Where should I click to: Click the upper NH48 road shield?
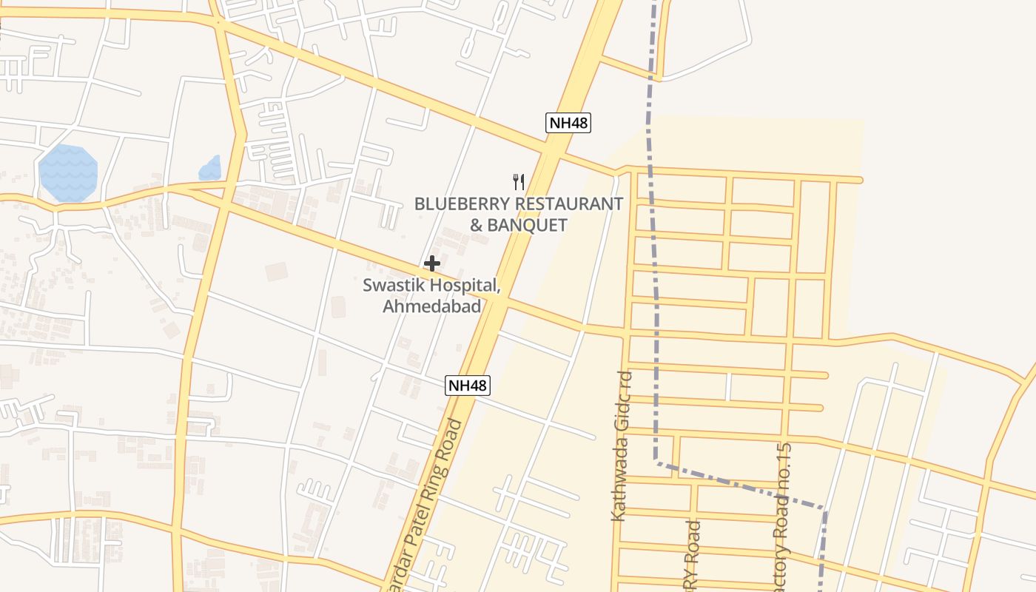pyautogui.click(x=568, y=123)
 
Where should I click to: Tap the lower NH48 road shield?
pyautogui.click(x=468, y=385)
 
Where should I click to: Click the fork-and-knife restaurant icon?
pyautogui.click(x=519, y=181)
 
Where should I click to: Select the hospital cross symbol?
pyautogui.click(x=432, y=263)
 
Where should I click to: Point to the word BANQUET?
pyautogui.click(x=529, y=225)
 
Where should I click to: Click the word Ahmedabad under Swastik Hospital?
pyautogui.click(x=431, y=306)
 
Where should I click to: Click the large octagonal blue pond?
pyautogui.click(x=67, y=173)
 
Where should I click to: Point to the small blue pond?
pyautogui.click(x=210, y=169)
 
